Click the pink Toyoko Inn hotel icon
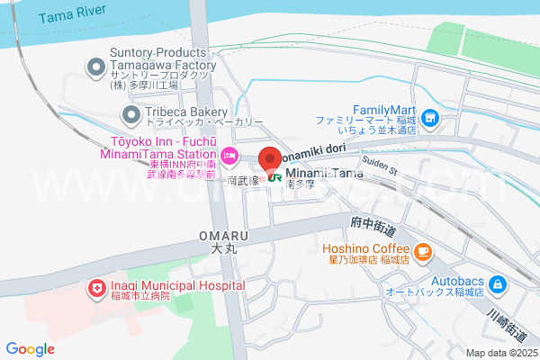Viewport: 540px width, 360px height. (229, 156)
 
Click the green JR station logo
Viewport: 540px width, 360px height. (274, 177)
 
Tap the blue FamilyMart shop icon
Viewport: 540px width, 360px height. (430, 117)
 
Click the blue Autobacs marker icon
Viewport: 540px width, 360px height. (498, 285)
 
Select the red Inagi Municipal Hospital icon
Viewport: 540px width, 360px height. (95, 288)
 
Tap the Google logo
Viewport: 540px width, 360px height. (31, 348)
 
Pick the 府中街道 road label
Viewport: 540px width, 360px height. (373, 221)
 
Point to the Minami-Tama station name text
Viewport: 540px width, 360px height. (314, 173)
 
